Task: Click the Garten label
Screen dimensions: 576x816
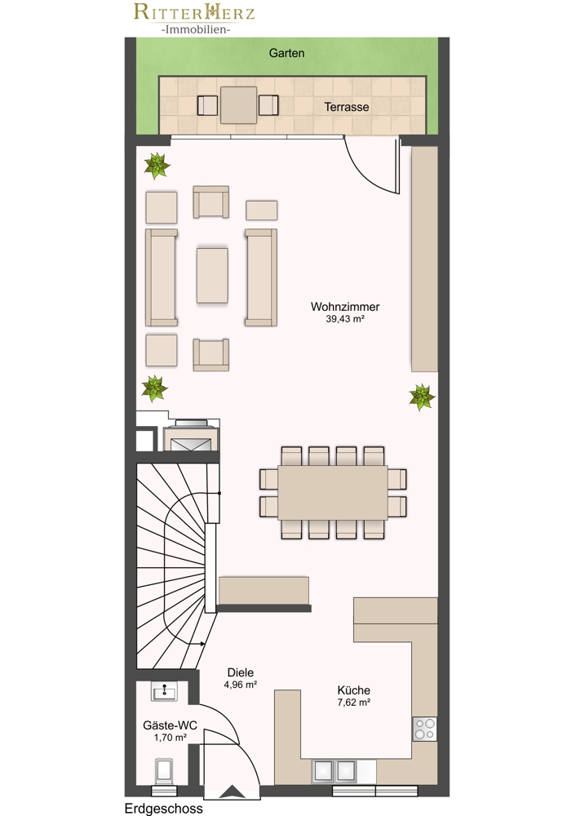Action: (286, 53)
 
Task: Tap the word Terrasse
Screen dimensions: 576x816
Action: (347, 107)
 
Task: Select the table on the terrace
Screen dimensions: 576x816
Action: (238, 105)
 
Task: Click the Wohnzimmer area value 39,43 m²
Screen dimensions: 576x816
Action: (345, 319)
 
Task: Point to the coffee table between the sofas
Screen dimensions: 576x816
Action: (212, 275)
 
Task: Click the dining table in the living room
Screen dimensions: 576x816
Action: (333, 492)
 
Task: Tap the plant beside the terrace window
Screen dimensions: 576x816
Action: (157, 166)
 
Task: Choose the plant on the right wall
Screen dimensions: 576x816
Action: (422, 397)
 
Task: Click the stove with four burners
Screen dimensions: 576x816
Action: (424, 729)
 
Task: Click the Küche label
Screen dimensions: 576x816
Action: (354, 690)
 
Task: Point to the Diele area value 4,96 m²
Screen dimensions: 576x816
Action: (241, 685)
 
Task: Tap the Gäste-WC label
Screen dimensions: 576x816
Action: (171, 725)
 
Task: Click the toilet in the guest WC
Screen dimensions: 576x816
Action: (165, 771)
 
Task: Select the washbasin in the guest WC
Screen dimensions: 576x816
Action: (165, 692)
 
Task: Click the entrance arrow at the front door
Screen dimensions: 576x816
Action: (232, 792)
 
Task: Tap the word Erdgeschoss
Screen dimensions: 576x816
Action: (163, 808)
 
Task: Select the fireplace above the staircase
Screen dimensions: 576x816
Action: (191, 435)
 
